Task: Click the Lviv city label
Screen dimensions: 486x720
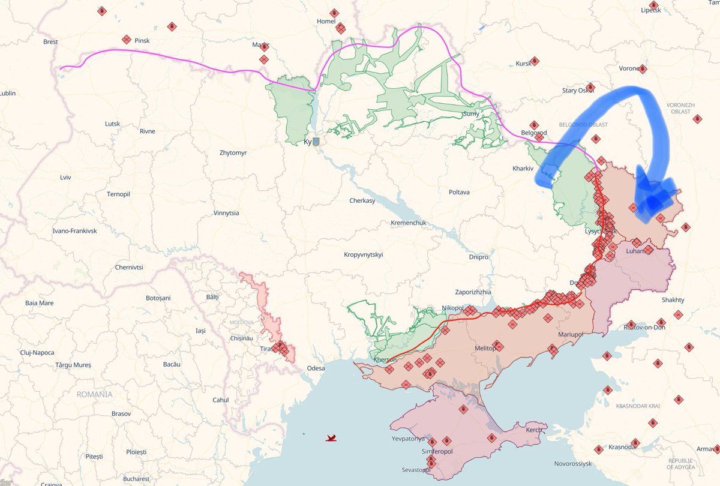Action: coord(65,178)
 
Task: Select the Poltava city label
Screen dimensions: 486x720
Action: coord(459,192)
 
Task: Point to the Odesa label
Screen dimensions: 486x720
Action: coord(316,368)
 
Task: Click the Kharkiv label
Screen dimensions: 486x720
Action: coord(523,169)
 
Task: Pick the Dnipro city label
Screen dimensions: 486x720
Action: coord(479,257)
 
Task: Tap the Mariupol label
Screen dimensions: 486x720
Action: coord(571,334)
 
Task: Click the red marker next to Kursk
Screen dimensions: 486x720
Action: coord(535,61)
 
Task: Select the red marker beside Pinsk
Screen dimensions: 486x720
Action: coord(126,39)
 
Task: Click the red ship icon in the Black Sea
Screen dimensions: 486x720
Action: coord(331,438)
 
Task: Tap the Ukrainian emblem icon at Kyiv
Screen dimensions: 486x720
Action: coord(316,142)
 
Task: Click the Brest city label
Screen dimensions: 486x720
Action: coord(50,42)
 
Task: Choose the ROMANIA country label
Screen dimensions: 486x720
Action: coord(94,394)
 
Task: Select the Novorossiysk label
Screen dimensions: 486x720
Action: coord(573,464)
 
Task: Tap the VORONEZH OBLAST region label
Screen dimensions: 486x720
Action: coord(680,108)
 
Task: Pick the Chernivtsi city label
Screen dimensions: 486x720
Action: coord(129,267)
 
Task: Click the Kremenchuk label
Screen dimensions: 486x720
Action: coord(408,223)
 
